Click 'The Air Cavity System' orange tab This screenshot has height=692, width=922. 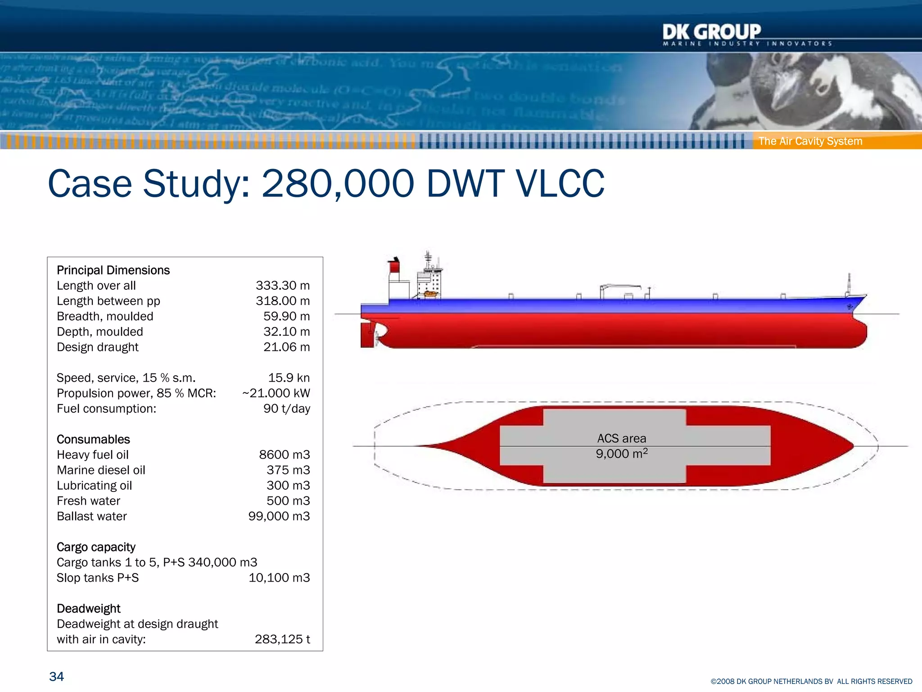tap(810, 141)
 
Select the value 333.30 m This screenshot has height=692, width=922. tap(283, 286)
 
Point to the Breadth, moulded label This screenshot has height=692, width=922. tap(105, 316)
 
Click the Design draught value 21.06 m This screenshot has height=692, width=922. tap(286, 347)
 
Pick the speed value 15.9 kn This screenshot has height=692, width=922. tap(289, 378)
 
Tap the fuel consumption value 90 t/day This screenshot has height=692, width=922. tap(286, 409)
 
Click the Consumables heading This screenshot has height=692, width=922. tap(93, 439)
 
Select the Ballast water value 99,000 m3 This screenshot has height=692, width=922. tap(279, 516)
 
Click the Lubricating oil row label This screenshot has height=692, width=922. tap(94, 486)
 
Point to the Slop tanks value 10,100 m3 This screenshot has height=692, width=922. tap(279, 578)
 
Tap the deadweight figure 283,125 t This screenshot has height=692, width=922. tap(282, 639)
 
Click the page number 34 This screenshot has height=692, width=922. tap(56, 676)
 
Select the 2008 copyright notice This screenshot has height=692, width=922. tap(811, 682)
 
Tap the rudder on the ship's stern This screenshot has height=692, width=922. tap(367, 335)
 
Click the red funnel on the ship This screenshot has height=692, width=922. tap(394, 266)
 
